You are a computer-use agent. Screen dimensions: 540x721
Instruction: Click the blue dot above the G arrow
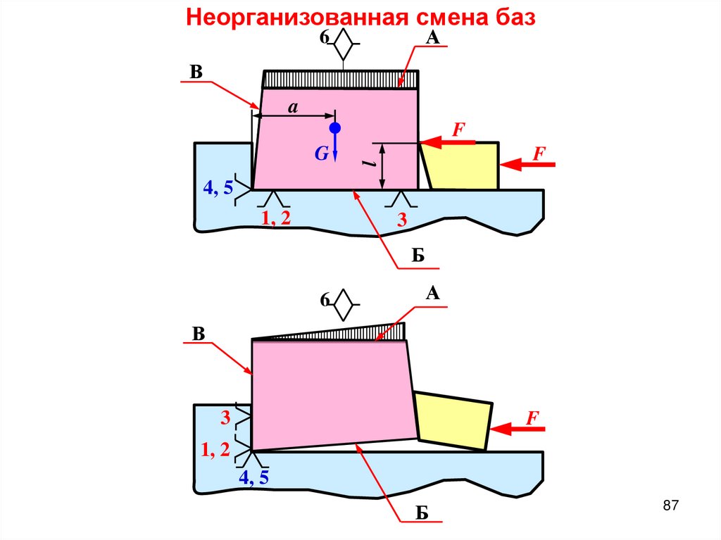pyautogui.click(x=335, y=128)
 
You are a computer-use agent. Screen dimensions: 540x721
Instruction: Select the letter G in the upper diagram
pyautogui.click(x=321, y=153)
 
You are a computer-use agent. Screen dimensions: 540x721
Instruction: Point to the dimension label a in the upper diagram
pyautogui.click(x=294, y=106)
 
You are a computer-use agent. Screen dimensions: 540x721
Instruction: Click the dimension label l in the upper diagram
pyautogui.click(x=368, y=163)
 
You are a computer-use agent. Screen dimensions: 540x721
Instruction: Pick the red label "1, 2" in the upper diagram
pyautogui.click(x=276, y=218)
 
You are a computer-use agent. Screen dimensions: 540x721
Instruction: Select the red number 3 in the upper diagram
pyautogui.click(x=401, y=221)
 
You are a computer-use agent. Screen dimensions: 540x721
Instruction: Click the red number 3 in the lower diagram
pyautogui.click(x=225, y=418)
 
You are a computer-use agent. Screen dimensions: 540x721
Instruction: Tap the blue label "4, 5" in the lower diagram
pyautogui.click(x=253, y=478)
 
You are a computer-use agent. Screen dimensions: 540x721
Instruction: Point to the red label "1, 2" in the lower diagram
pyautogui.click(x=215, y=450)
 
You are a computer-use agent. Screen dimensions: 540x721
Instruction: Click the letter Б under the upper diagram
pyautogui.click(x=418, y=255)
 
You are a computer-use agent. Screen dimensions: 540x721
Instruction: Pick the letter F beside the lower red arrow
pyautogui.click(x=534, y=418)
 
